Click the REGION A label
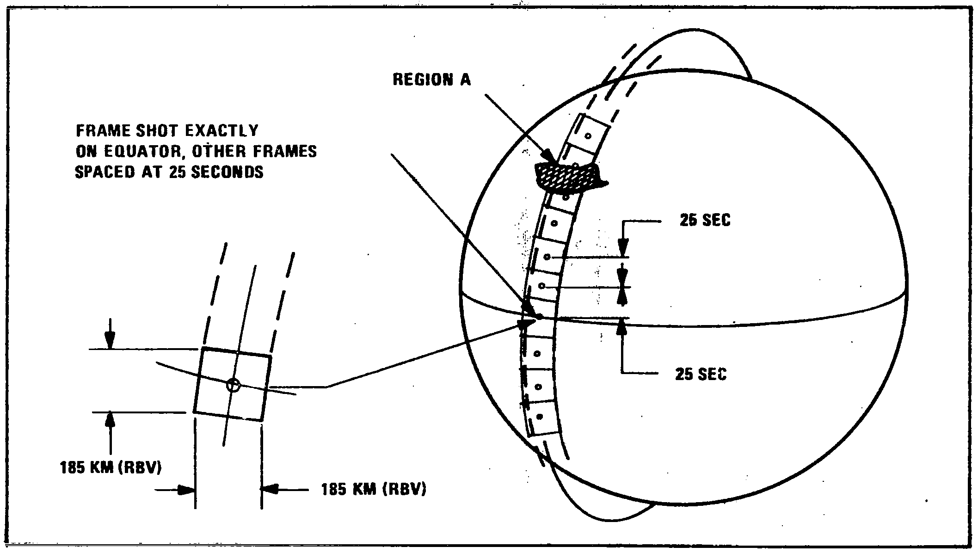pyautogui.click(x=431, y=80)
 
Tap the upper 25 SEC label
pyautogui.click(x=705, y=221)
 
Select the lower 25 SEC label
pyautogui.click(x=701, y=374)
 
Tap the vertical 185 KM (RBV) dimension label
pyautogui.click(x=111, y=468)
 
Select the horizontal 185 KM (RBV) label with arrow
pyautogui.click(x=374, y=489)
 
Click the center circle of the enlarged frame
pyautogui.click(x=234, y=385)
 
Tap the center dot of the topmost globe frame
pyautogui.click(x=588, y=136)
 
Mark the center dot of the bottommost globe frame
pyautogui.click(x=539, y=417)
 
